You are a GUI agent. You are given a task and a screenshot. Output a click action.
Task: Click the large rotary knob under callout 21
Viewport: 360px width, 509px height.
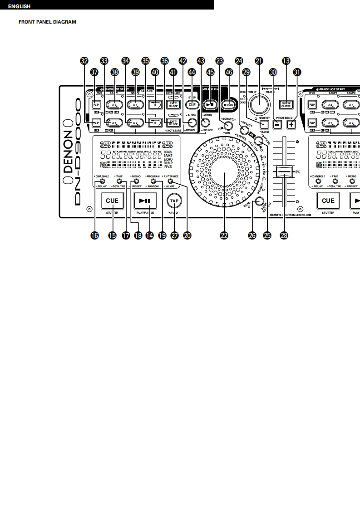click(x=260, y=103)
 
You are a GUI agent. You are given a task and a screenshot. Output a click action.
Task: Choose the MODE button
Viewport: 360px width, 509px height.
click(x=229, y=103)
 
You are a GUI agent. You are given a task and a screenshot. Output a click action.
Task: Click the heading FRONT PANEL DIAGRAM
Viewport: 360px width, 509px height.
click(x=47, y=22)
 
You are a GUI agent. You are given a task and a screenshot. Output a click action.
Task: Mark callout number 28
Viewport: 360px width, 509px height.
click(x=285, y=235)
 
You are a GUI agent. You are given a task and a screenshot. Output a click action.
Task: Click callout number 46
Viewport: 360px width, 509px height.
click(x=228, y=72)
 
